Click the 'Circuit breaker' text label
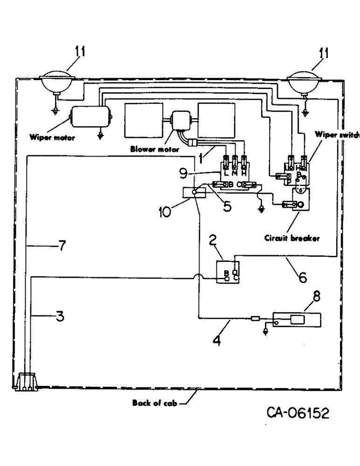291,238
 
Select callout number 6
302,278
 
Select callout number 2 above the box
212,240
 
